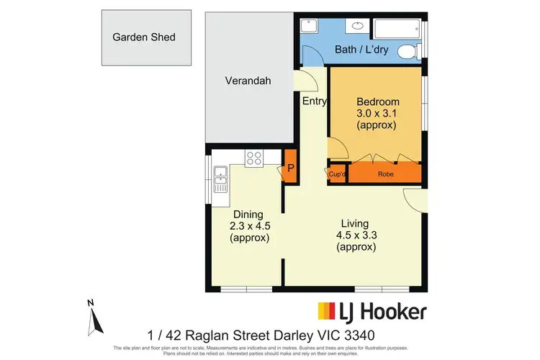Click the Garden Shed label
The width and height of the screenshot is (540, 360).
143,37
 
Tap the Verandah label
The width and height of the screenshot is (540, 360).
248,81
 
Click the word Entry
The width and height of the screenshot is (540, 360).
314,102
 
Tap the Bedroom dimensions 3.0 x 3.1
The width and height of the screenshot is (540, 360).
377,113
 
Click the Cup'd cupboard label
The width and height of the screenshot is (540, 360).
337,174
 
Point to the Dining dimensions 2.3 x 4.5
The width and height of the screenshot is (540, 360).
250,226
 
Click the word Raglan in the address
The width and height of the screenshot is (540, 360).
210,335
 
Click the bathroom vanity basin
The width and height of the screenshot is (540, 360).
356,27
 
